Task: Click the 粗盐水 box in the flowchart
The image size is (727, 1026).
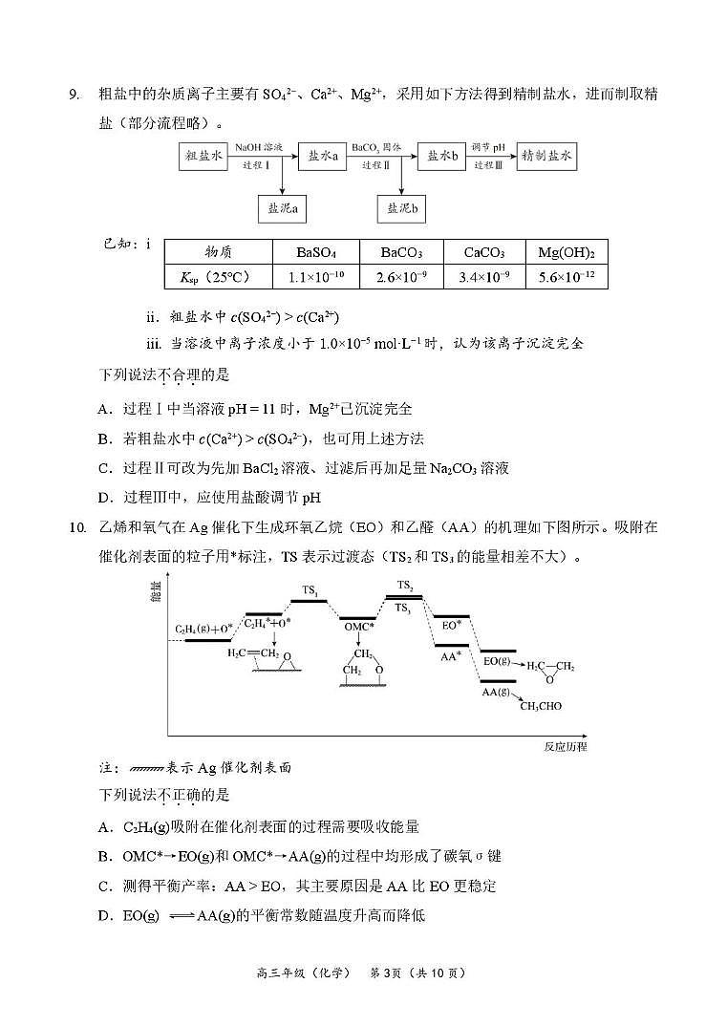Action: tap(204, 157)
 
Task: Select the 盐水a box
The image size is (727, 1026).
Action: tap(323, 157)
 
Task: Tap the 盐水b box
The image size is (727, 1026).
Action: tap(442, 157)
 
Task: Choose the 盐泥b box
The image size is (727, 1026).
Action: tap(401, 207)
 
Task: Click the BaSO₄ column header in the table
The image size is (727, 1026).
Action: tap(316, 253)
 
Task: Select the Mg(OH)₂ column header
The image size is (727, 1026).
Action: tap(567, 253)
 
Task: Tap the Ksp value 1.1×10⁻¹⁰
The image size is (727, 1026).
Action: tap(316, 277)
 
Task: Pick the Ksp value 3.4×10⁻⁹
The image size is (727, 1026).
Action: tap(483, 277)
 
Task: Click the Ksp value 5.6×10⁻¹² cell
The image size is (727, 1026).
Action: tap(567, 277)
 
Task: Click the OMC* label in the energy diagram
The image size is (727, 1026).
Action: tap(359, 628)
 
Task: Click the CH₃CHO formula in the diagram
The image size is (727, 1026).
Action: tap(541, 706)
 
